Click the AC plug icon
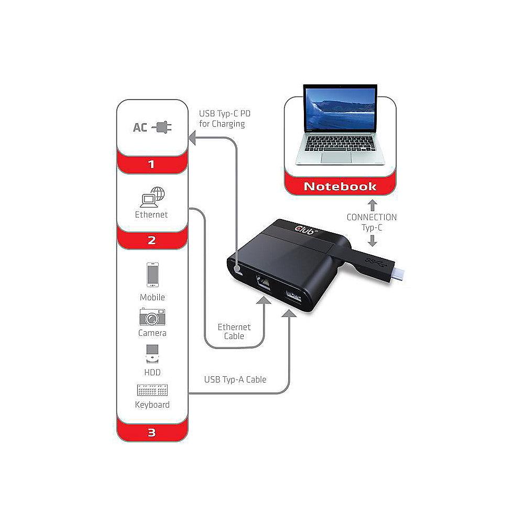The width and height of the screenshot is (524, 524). (161, 127)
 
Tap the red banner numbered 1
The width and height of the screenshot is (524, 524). (151, 165)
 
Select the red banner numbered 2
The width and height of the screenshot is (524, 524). (151, 241)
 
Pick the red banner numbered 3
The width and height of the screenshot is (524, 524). (151, 433)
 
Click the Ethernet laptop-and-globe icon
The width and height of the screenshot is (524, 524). (152, 198)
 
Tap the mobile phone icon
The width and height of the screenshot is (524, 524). (152, 276)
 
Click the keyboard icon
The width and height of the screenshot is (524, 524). (152, 391)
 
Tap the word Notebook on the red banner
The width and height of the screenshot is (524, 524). (340, 186)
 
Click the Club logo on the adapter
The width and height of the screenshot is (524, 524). (307, 228)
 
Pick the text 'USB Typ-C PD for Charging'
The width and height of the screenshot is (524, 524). (222, 119)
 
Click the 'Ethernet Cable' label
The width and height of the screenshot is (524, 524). (234, 331)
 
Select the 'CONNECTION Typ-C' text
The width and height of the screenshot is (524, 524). (372, 222)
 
